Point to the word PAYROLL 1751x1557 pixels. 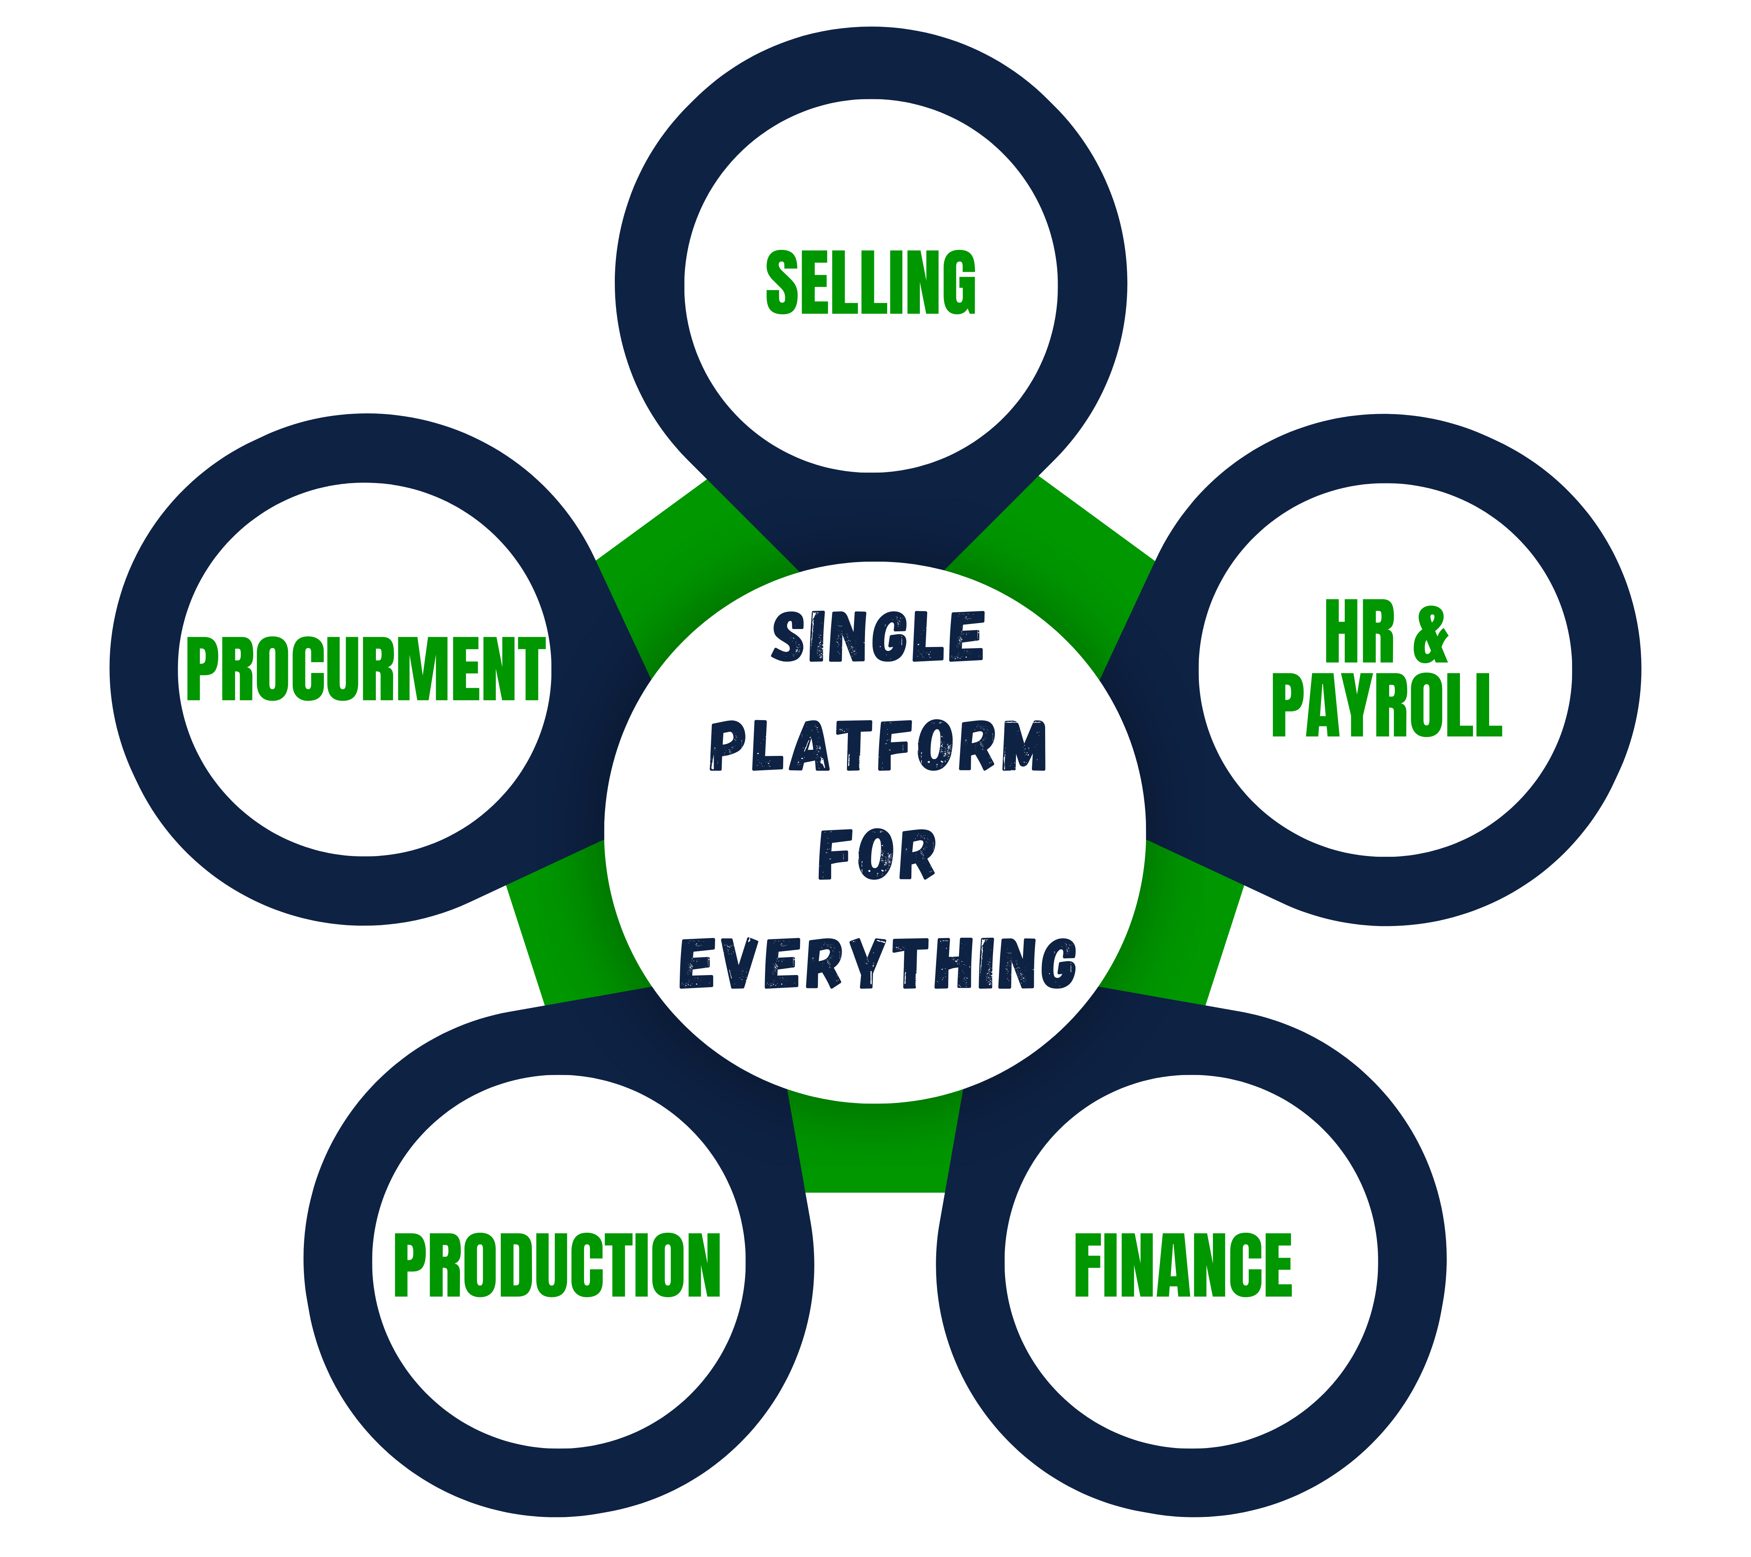tap(1386, 705)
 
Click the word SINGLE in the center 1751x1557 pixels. tap(877, 638)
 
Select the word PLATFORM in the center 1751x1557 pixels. tap(877, 745)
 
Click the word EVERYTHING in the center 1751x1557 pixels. tap(877, 963)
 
